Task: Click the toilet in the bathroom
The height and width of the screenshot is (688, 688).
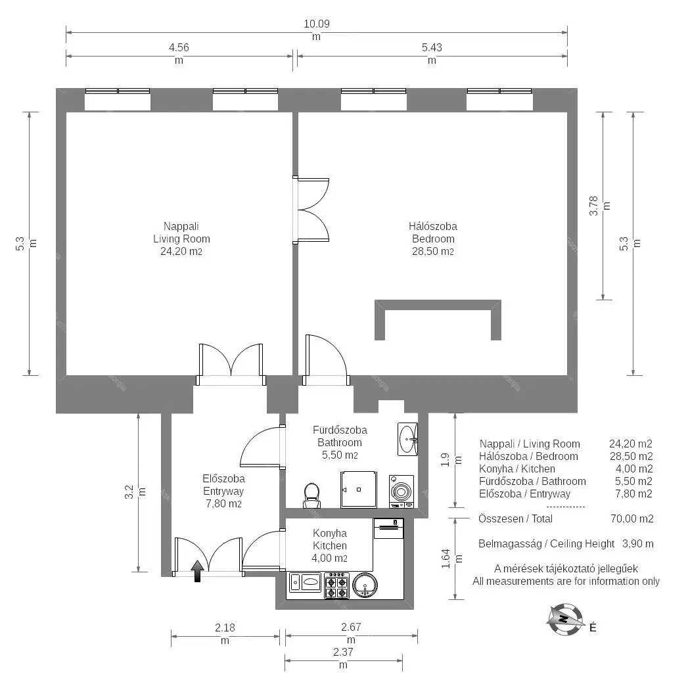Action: [x=311, y=495]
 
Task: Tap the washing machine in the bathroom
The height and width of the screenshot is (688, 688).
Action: [x=401, y=492]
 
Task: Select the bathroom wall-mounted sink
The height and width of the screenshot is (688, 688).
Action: [x=407, y=439]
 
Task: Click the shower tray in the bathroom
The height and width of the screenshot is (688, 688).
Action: [x=359, y=490]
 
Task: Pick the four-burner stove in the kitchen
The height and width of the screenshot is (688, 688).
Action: [x=336, y=585]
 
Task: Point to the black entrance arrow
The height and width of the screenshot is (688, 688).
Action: [x=197, y=571]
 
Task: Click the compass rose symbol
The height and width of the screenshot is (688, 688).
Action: [x=566, y=619]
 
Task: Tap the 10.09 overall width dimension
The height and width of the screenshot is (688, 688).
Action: [x=316, y=30]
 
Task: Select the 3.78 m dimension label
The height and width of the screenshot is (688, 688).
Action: [x=599, y=205]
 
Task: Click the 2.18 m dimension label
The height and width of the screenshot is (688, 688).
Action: [x=225, y=634]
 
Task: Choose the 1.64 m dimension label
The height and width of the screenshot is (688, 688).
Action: [x=451, y=559]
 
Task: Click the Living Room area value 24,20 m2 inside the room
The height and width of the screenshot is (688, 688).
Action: [x=181, y=252]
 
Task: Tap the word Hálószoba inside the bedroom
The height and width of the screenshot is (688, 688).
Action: [x=433, y=227]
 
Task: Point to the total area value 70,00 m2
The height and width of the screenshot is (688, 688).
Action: [x=632, y=518]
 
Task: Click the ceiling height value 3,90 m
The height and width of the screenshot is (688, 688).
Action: [x=638, y=543]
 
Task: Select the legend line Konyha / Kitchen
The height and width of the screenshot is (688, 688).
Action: [x=517, y=469]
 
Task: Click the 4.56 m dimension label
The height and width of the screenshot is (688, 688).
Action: [x=179, y=53]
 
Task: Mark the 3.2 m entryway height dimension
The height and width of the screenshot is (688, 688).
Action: [x=135, y=492]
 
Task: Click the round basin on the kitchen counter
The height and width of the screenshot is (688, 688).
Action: [x=365, y=585]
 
